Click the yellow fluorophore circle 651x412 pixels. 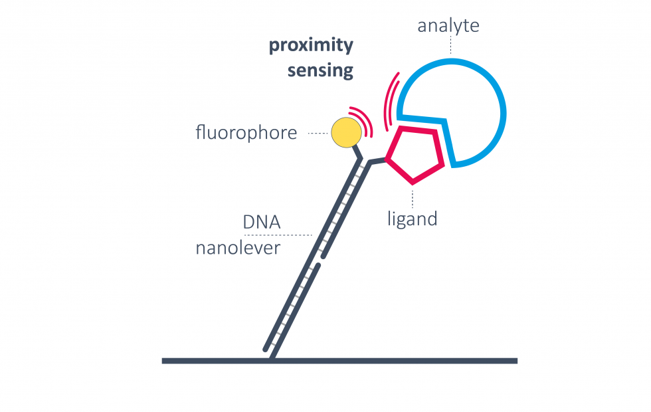[x=345, y=132]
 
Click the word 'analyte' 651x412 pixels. [x=448, y=27]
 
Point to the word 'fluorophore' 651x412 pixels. [x=246, y=133]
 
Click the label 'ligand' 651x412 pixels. [x=413, y=218]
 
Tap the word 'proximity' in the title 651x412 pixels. [x=311, y=46]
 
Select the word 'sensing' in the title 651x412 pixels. [x=320, y=70]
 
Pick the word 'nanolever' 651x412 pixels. [x=238, y=249]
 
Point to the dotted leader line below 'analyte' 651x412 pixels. [x=451, y=45]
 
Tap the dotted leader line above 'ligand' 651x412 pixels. [x=413, y=196]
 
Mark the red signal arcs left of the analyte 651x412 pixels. [x=392, y=100]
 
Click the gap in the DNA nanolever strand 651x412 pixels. [x=322, y=260]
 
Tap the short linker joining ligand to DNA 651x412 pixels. [x=377, y=161]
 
